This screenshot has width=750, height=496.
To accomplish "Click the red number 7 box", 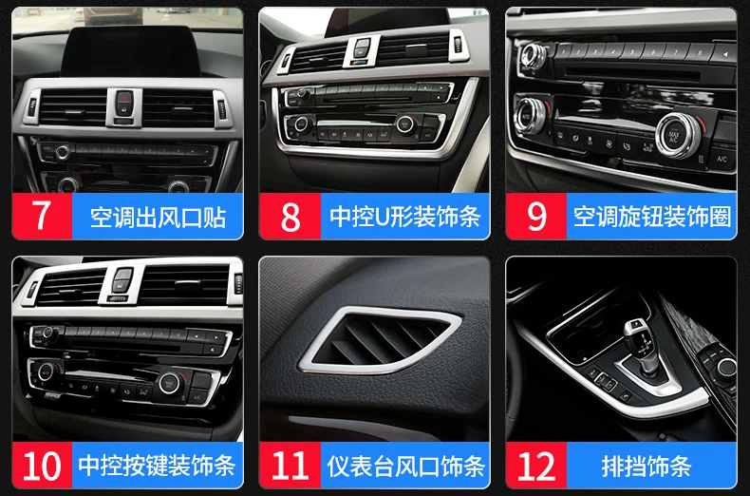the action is (42, 216).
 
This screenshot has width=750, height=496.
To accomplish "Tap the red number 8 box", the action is (290, 216).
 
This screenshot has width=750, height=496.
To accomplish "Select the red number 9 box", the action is (536, 216).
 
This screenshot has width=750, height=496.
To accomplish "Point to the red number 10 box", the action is (42, 465).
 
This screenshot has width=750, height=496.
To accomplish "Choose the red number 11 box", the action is (290, 465).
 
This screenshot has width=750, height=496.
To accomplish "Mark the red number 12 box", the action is (536, 465).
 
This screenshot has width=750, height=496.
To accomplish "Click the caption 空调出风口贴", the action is (158, 217).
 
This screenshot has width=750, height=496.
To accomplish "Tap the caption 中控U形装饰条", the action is (405, 217).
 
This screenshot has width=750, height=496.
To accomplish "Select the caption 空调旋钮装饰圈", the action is (652, 217).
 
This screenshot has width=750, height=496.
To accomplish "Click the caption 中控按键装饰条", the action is (157, 466).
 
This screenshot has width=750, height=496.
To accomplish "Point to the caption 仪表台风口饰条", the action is (405, 466).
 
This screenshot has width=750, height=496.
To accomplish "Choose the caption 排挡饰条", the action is (647, 466).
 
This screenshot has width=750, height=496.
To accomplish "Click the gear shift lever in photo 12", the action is (639, 342).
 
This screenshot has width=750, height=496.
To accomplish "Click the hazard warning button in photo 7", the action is (124, 97).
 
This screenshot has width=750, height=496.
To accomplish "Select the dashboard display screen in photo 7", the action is (130, 50).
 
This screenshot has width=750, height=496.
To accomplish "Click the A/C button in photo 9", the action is (722, 159).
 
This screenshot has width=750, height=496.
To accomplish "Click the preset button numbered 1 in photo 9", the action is (564, 50).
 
